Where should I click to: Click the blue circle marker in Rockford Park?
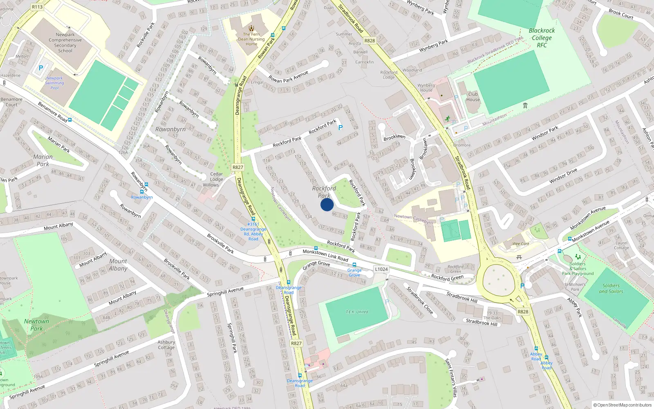click(327, 204)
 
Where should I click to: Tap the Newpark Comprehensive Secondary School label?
click(65, 43)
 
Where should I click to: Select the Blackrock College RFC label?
click(542, 38)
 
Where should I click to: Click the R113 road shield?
click(37, 7)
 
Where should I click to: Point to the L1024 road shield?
click(381, 269)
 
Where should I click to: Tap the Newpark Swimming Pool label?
click(54, 83)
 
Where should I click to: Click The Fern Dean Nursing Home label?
click(251, 39)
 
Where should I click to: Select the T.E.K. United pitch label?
click(357, 312)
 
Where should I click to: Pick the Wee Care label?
click(521, 244)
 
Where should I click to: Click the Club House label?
click(473, 97)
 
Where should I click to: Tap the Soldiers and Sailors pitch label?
click(611, 288)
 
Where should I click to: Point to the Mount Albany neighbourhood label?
click(118, 265)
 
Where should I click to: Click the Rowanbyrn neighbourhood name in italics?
click(170, 129)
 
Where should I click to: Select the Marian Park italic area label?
click(43, 160)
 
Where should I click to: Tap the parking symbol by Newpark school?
click(41, 68)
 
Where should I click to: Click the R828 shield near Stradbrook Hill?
click(523, 312)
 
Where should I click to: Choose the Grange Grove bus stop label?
click(354, 272)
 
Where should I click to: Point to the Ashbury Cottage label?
click(166, 345)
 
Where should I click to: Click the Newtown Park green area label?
click(36, 325)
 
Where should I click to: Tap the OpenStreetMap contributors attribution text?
click(623, 405)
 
